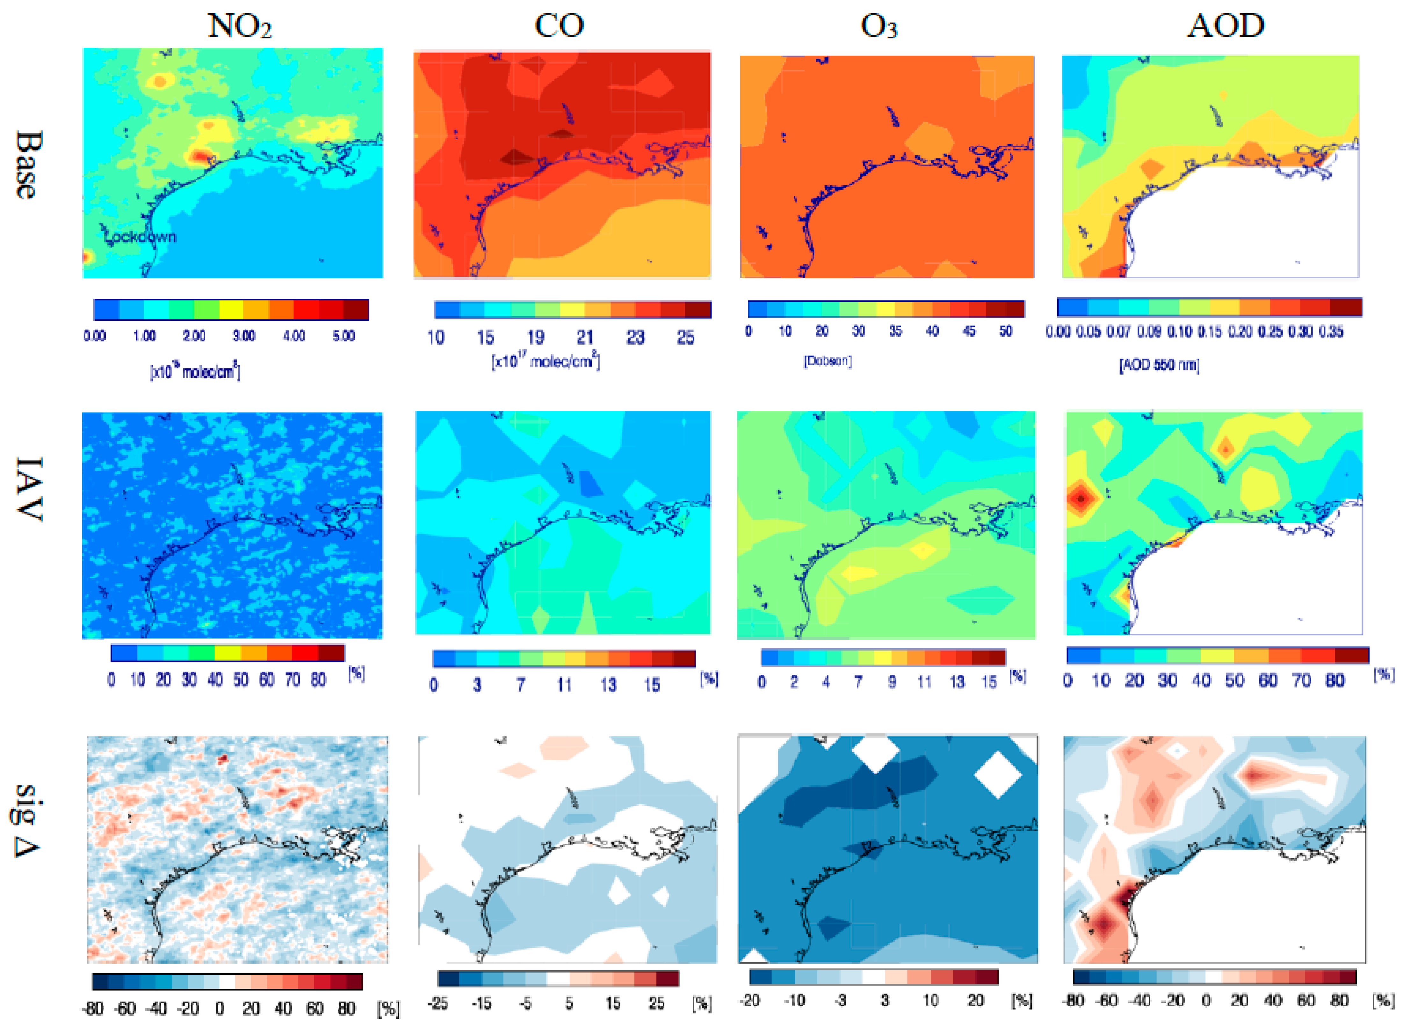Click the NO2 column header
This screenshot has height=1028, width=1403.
[x=239, y=26]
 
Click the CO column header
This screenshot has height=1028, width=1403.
[x=559, y=26]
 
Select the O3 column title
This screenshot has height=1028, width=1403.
[x=879, y=26]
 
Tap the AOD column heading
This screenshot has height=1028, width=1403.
[x=1226, y=26]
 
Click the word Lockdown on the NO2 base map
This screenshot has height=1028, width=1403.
[x=142, y=237]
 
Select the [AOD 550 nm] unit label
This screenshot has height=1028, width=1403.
[x=1159, y=365]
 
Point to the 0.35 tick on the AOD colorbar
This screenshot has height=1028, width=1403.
[x=1331, y=332]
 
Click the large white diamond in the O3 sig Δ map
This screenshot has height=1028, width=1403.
[x=998, y=775]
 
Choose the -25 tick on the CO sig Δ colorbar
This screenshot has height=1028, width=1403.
[x=438, y=1003]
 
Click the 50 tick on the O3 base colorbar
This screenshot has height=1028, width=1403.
[x=1006, y=331]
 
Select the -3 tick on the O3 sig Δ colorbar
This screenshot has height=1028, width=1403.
[x=840, y=1001]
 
